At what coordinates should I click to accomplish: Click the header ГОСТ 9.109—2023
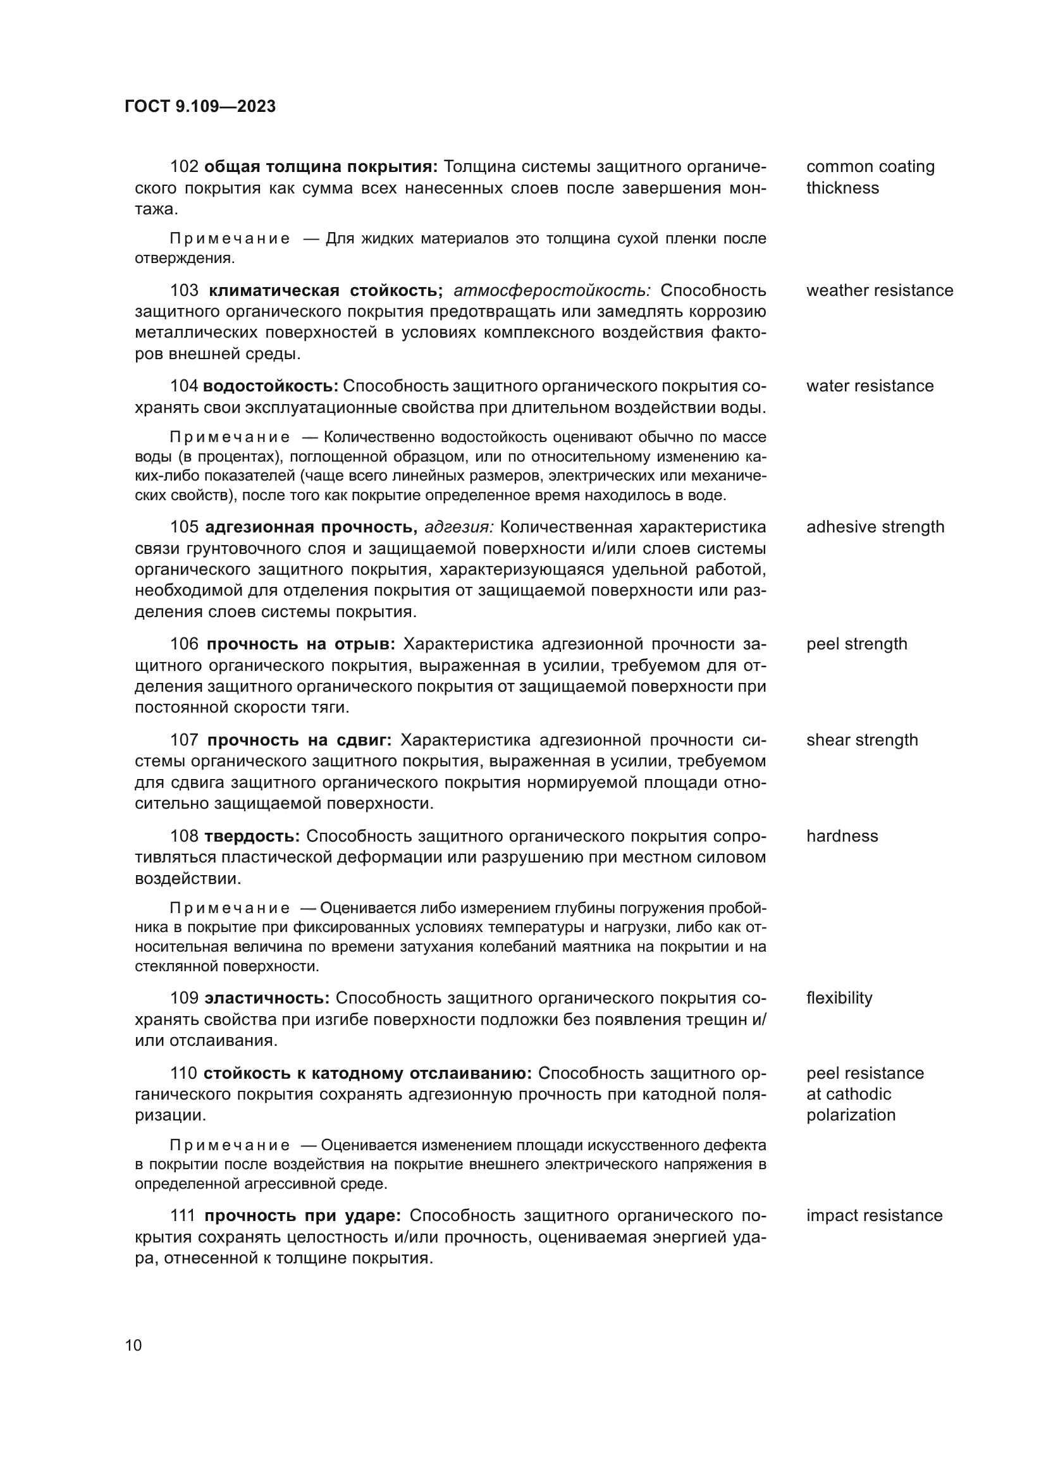click(x=200, y=106)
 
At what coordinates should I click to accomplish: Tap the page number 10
click(x=133, y=1345)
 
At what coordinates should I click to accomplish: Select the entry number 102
click(x=184, y=167)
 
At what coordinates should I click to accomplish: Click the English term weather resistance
click(x=879, y=290)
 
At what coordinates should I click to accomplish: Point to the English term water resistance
click(x=870, y=386)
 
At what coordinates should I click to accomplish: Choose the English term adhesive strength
click(x=875, y=527)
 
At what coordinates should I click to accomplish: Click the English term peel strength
click(x=856, y=644)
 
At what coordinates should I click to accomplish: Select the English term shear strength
click(x=862, y=740)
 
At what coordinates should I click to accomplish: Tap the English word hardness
click(x=842, y=836)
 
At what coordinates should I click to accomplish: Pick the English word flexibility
click(x=839, y=998)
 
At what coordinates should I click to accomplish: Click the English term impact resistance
click(x=874, y=1215)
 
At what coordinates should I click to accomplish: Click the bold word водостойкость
click(x=270, y=386)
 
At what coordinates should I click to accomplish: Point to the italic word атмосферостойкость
click(x=553, y=290)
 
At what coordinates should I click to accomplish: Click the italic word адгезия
click(x=458, y=527)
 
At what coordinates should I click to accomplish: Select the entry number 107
click(x=184, y=740)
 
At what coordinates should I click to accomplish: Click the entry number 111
click(x=183, y=1215)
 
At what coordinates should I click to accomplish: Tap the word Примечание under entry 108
click(x=230, y=908)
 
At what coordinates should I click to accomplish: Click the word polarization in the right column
click(x=850, y=1115)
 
